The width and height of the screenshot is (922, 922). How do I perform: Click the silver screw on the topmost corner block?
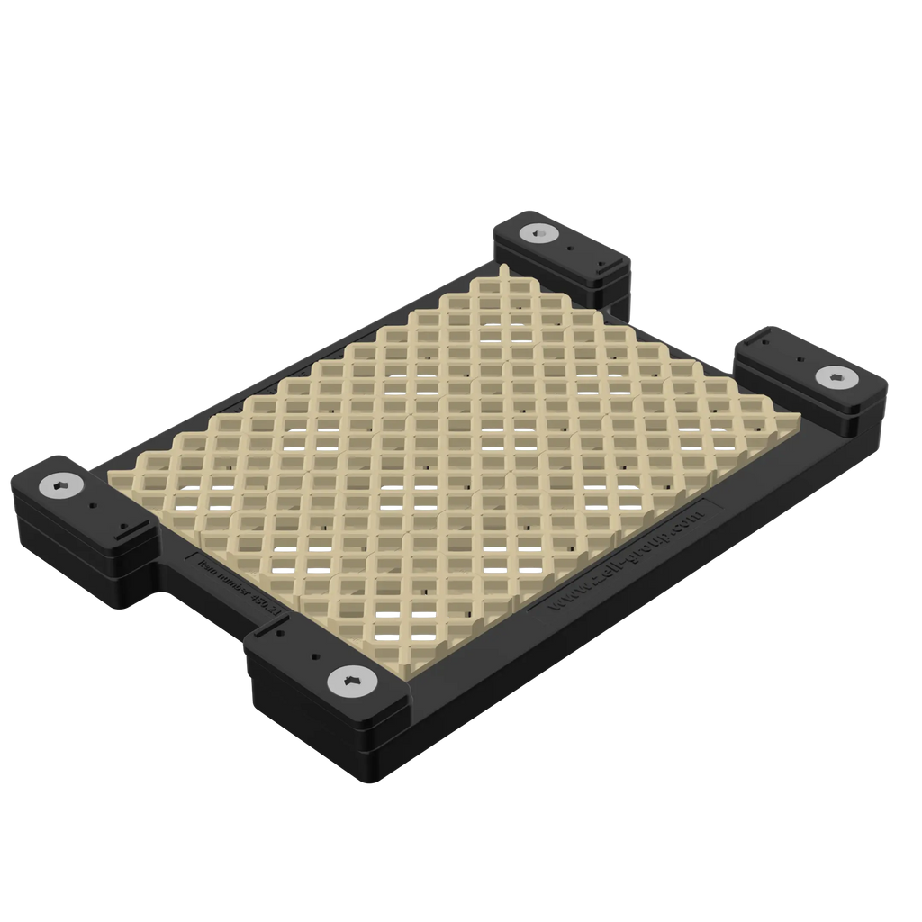point(538,234)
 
